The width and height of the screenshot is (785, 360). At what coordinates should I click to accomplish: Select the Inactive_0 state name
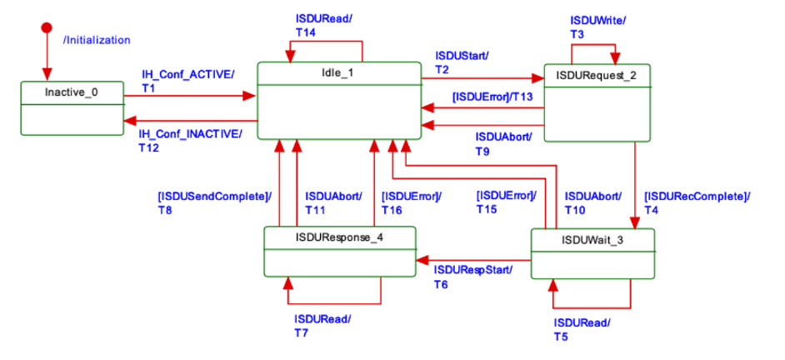coord(71,92)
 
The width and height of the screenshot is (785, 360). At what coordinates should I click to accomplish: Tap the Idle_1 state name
coord(337,72)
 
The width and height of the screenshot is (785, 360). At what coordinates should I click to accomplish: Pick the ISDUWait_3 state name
coord(592,242)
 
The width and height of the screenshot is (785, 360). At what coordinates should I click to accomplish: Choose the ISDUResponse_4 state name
coord(338,237)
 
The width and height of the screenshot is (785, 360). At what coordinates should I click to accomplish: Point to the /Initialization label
coord(97,40)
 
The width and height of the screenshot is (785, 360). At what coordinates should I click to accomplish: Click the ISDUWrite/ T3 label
coord(597,26)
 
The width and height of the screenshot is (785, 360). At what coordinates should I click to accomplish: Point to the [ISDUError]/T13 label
coord(492,97)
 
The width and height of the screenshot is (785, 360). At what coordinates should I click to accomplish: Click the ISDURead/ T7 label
coord(322,326)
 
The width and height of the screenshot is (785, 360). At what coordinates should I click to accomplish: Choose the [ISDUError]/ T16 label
coord(411,203)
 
